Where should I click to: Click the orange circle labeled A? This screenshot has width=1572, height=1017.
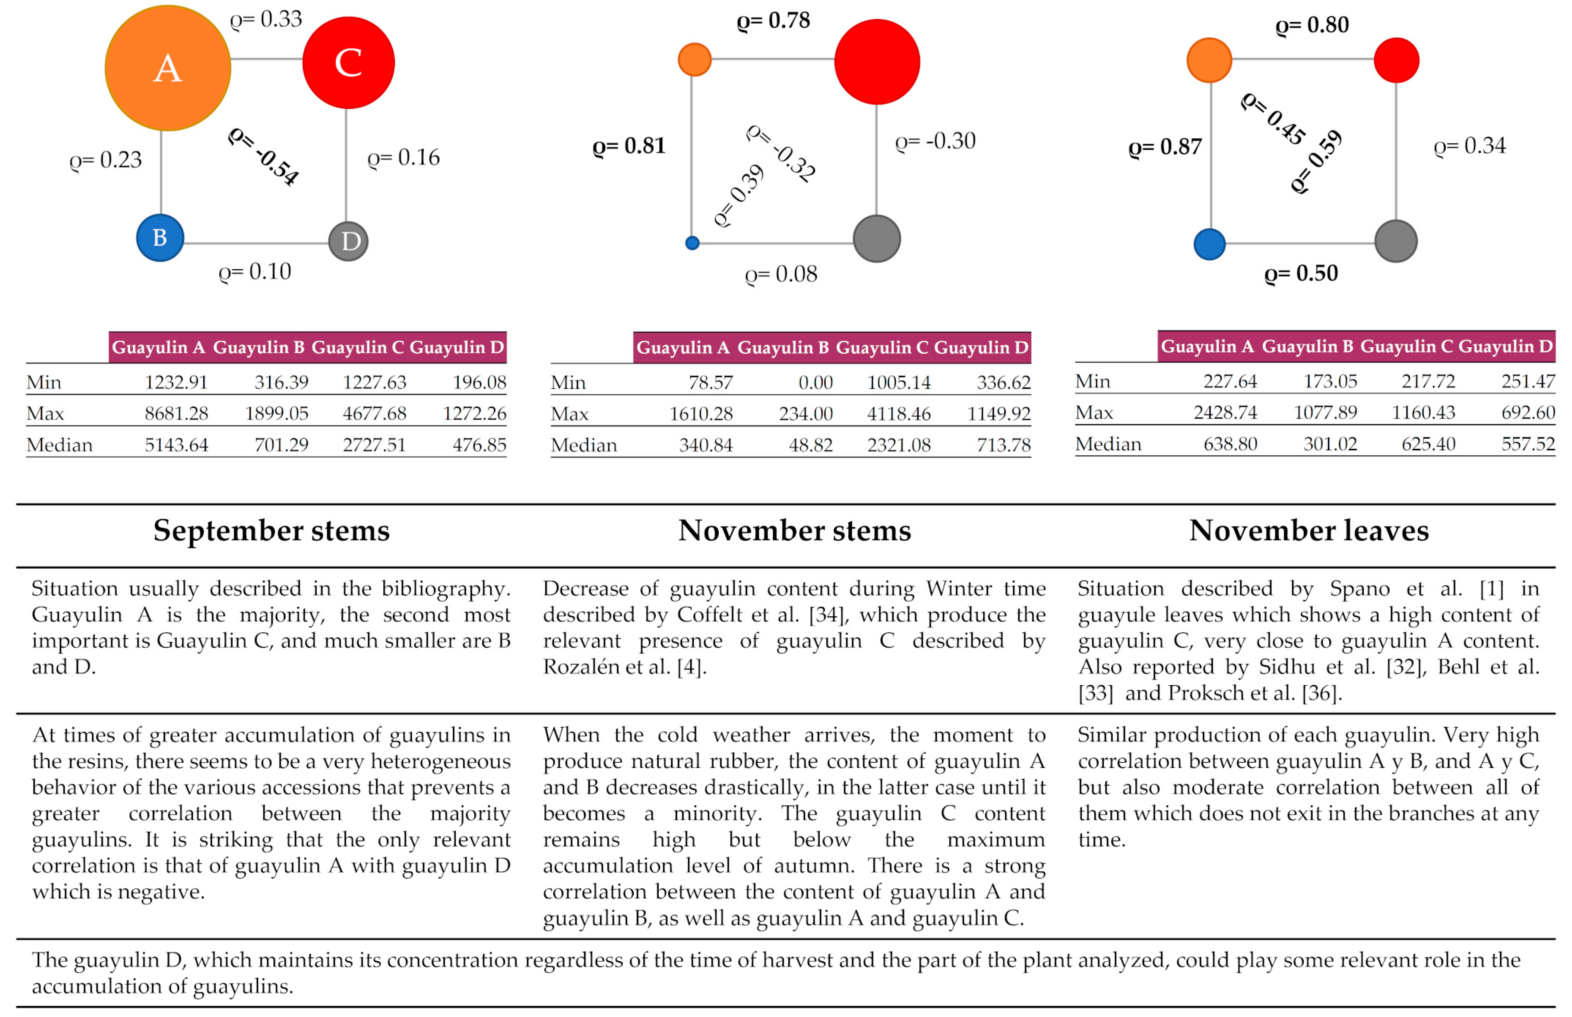click(168, 68)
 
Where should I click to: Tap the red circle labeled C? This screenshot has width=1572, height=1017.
click(348, 63)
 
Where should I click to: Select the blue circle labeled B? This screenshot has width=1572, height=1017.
click(160, 238)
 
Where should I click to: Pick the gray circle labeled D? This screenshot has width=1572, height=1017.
click(348, 241)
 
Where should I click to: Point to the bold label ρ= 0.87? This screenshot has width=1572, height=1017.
click(1165, 147)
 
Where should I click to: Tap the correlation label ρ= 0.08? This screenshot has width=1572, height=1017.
click(781, 274)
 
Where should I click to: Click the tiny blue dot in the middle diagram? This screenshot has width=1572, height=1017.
click(692, 243)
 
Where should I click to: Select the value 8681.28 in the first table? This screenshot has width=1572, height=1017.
click(176, 414)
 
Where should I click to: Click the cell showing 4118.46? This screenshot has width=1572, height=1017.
click(898, 414)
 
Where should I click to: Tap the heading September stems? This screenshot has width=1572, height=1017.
click(272, 530)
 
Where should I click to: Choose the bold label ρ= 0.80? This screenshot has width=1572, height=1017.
click(1312, 25)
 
